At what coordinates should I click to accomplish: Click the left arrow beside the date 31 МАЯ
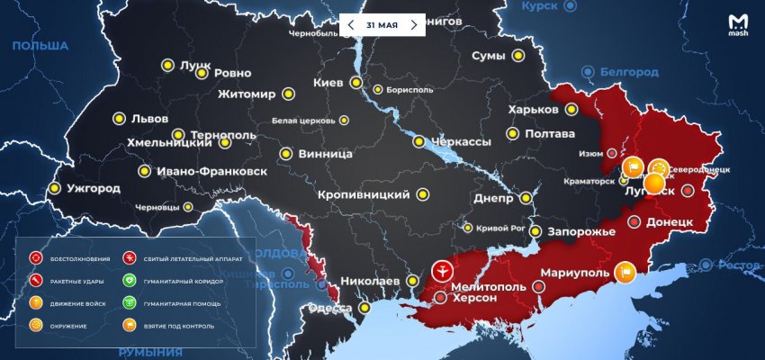click(x=351, y=25)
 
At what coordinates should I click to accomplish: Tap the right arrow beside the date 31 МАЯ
click(x=413, y=25)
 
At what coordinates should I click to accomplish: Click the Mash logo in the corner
click(x=738, y=25)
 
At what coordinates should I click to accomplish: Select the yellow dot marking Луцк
click(x=167, y=65)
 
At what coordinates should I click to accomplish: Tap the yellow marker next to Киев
click(x=356, y=84)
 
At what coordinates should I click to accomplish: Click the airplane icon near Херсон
click(x=443, y=270)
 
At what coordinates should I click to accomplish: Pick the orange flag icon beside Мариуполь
click(x=625, y=272)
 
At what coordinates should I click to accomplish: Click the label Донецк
click(x=669, y=221)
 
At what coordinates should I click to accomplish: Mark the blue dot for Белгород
click(x=588, y=71)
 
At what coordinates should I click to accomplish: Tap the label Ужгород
click(x=93, y=189)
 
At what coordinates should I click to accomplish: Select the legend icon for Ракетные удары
click(x=36, y=281)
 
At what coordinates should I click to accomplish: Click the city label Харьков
click(x=534, y=110)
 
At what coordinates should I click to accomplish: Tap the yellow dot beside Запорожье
click(x=535, y=231)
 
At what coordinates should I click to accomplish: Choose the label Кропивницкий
click(x=364, y=194)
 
